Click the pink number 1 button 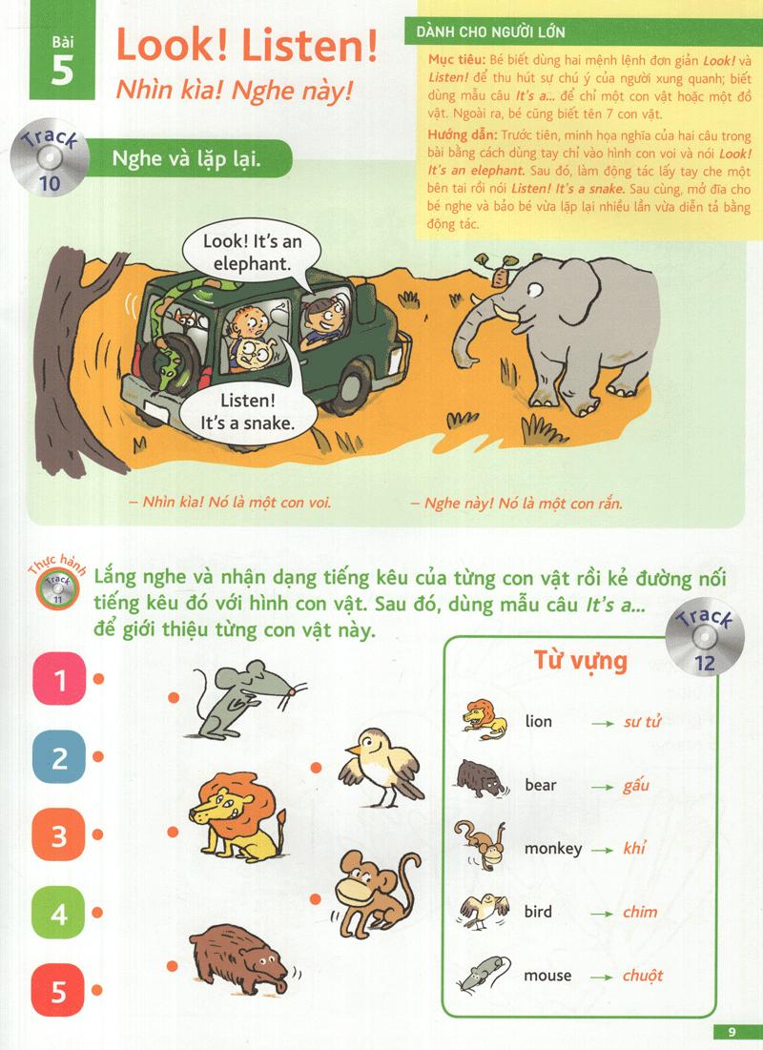pos(60,679)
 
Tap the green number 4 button pos(59,912)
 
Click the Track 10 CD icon pos(50,158)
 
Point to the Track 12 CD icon pos(706,637)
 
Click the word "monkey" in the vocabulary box pos(552,849)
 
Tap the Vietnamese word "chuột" pos(642,975)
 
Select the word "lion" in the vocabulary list pos(538,721)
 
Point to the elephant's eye pos(534,289)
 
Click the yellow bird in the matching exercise pos(381,768)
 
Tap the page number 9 pos(732,1032)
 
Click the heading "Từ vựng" pos(580,662)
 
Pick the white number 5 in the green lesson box pos(62,71)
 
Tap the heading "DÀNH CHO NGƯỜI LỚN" pos(490,31)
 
